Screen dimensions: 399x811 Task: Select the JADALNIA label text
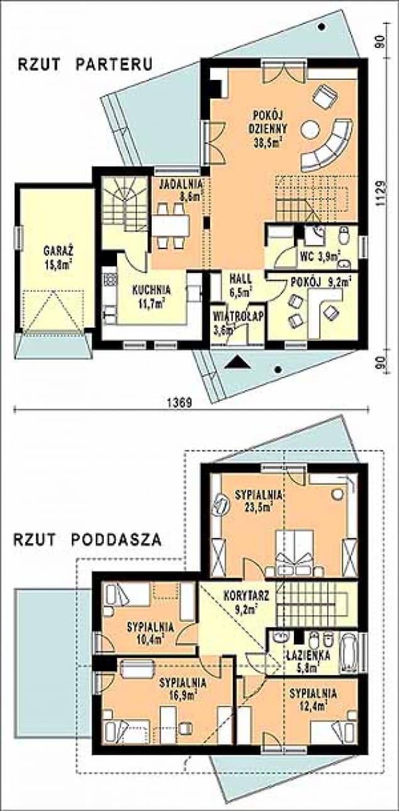click(x=181, y=183)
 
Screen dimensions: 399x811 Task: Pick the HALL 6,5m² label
click(x=241, y=284)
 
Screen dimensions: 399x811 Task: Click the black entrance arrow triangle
click(x=237, y=362)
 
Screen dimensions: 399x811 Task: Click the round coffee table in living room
click(x=310, y=129)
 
